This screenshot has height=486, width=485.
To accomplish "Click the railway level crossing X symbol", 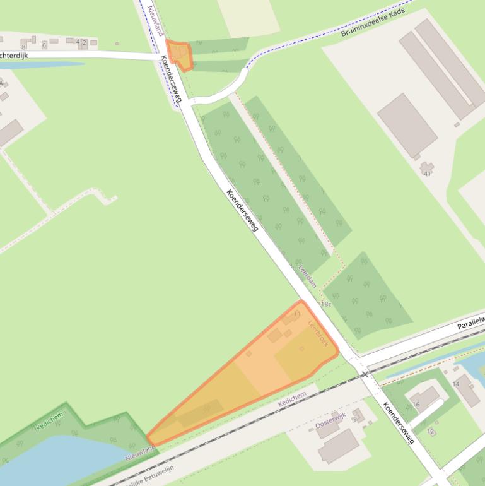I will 365,374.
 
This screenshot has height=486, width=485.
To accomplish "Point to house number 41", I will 428,173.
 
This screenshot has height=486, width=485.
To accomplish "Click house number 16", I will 416,404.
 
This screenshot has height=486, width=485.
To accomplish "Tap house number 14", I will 455,384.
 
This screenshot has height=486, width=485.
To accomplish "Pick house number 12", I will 431,432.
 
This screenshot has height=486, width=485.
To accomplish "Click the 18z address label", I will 325,304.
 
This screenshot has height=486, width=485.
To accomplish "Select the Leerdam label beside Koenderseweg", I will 307,276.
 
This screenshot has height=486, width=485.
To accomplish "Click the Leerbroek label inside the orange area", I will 318,333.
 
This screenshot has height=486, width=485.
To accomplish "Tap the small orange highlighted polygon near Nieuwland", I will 178,55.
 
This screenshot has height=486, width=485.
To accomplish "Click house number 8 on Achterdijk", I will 23,46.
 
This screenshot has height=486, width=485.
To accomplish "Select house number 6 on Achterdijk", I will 44,45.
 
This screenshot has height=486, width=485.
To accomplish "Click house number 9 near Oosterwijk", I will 355,418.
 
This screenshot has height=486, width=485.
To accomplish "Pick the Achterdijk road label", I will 14,56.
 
